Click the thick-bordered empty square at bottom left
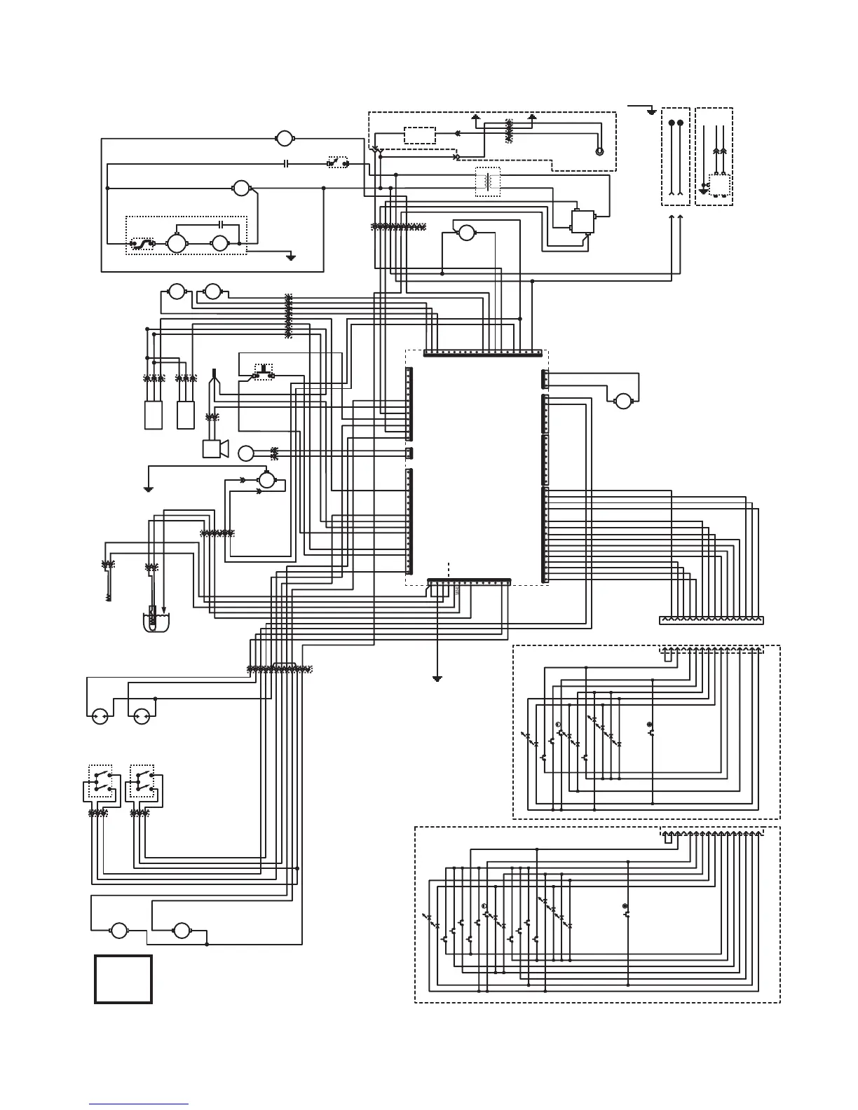(123, 979)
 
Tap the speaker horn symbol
(214, 448)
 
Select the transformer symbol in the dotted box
(488, 182)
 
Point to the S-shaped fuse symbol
(144, 244)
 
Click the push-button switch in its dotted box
(264, 371)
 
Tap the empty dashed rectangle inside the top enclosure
(420, 135)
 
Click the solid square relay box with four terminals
(583, 221)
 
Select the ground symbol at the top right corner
(652, 111)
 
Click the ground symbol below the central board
(437, 678)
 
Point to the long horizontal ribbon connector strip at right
(711, 620)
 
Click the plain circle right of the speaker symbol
(246, 453)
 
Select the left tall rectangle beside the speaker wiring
(154, 415)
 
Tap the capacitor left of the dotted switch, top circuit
(287, 164)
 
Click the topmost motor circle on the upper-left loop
(285, 138)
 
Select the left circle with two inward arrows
(100, 716)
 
